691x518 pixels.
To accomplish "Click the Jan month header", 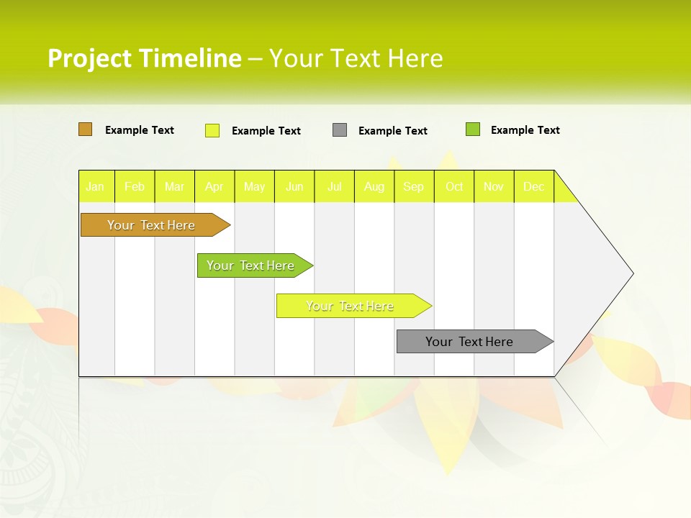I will pos(95,187).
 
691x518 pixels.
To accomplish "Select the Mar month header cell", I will pos(174,187).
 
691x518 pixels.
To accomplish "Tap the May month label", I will pos(254,187).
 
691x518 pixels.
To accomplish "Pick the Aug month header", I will pos(374,187).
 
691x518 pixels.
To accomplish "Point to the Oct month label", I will pos(454,187).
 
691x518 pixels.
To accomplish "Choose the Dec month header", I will pos(533,187).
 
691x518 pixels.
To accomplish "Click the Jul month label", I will pos(334,187).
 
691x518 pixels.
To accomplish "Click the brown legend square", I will pos(85,129).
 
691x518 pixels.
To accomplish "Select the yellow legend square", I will pos(212,130).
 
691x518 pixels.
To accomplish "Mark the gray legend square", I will pos(340,130).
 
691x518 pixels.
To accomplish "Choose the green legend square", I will pos(473,129).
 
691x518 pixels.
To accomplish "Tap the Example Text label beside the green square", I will pos(525,130).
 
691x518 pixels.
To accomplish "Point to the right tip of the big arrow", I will pos(631,273).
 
